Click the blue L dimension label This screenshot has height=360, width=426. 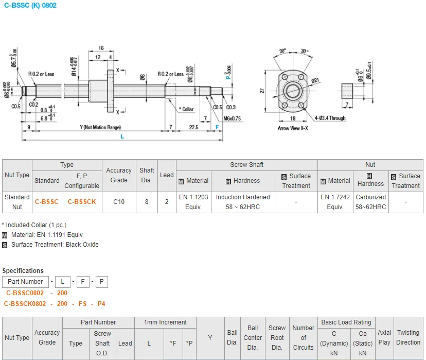point(122,136)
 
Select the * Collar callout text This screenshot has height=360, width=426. point(186,109)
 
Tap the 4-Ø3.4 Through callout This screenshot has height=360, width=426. point(330,118)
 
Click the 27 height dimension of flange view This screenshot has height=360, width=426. point(262,91)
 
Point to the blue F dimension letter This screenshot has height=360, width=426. point(217,127)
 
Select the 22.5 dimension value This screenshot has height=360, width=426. point(194,127)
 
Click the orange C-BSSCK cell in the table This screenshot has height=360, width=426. point(82,202)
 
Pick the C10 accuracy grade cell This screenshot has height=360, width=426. point(119,202)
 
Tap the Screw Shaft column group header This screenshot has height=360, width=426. point(246,165)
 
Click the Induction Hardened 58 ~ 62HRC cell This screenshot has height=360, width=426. point(243,202)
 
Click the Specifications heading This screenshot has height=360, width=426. point(23,271)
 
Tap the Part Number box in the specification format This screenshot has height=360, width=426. point(25,282)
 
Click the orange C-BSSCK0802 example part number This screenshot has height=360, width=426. point(25,304)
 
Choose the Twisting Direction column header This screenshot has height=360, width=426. point(408,337)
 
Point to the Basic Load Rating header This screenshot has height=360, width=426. point(345,322)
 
